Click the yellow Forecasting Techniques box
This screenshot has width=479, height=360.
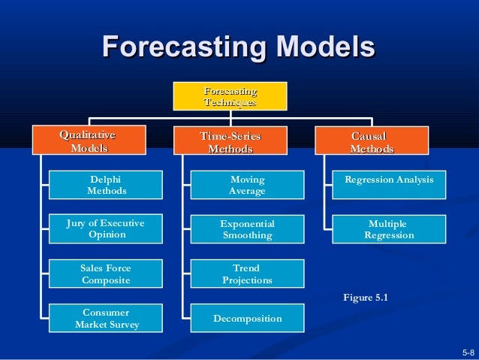coord(230,96)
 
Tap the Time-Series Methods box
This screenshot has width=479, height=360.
coord(230,142)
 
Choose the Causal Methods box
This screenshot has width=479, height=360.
coord(371,141)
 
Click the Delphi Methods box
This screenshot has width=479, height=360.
coord(106,185)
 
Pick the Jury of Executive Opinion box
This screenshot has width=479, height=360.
coord(106,228)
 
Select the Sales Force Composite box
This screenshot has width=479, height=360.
coord(106,274)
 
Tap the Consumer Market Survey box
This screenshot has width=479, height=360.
coord(106,319)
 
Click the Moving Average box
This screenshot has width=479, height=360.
coord(247,186)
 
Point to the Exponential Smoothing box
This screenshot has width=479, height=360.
coord(247,229)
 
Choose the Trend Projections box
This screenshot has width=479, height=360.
coord(247,274)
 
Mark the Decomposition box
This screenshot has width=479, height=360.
coord(247,319)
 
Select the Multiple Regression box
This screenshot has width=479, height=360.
coord(389,229)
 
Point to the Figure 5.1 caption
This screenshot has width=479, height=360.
coord(365,298)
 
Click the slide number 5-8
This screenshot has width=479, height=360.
coord(468,352)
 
